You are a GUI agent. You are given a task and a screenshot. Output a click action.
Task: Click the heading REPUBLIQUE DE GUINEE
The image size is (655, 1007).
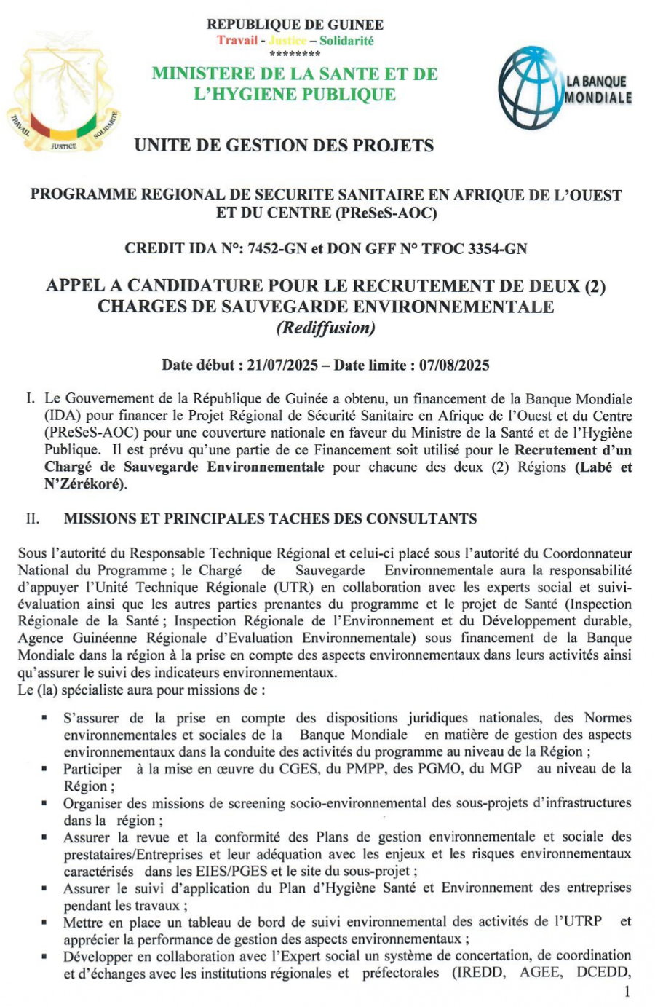295,25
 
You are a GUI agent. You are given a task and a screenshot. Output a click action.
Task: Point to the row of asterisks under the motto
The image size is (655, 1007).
295,55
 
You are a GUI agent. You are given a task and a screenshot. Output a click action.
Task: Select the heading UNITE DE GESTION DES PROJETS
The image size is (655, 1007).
284,146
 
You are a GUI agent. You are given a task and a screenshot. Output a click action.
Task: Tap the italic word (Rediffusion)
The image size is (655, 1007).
325,328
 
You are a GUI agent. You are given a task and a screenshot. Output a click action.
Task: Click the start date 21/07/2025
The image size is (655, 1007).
282,365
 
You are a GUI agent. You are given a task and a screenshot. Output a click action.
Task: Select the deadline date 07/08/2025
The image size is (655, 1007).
454,365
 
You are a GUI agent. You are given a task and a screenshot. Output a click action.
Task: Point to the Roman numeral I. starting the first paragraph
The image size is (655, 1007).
30,399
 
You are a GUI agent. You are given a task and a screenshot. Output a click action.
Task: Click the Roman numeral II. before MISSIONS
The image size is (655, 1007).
33,519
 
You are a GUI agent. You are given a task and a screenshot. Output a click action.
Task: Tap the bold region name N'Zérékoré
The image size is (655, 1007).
85,484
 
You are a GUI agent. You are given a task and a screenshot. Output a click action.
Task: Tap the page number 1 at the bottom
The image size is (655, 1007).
627,991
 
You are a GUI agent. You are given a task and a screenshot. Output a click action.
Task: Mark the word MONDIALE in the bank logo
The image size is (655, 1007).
599,97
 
